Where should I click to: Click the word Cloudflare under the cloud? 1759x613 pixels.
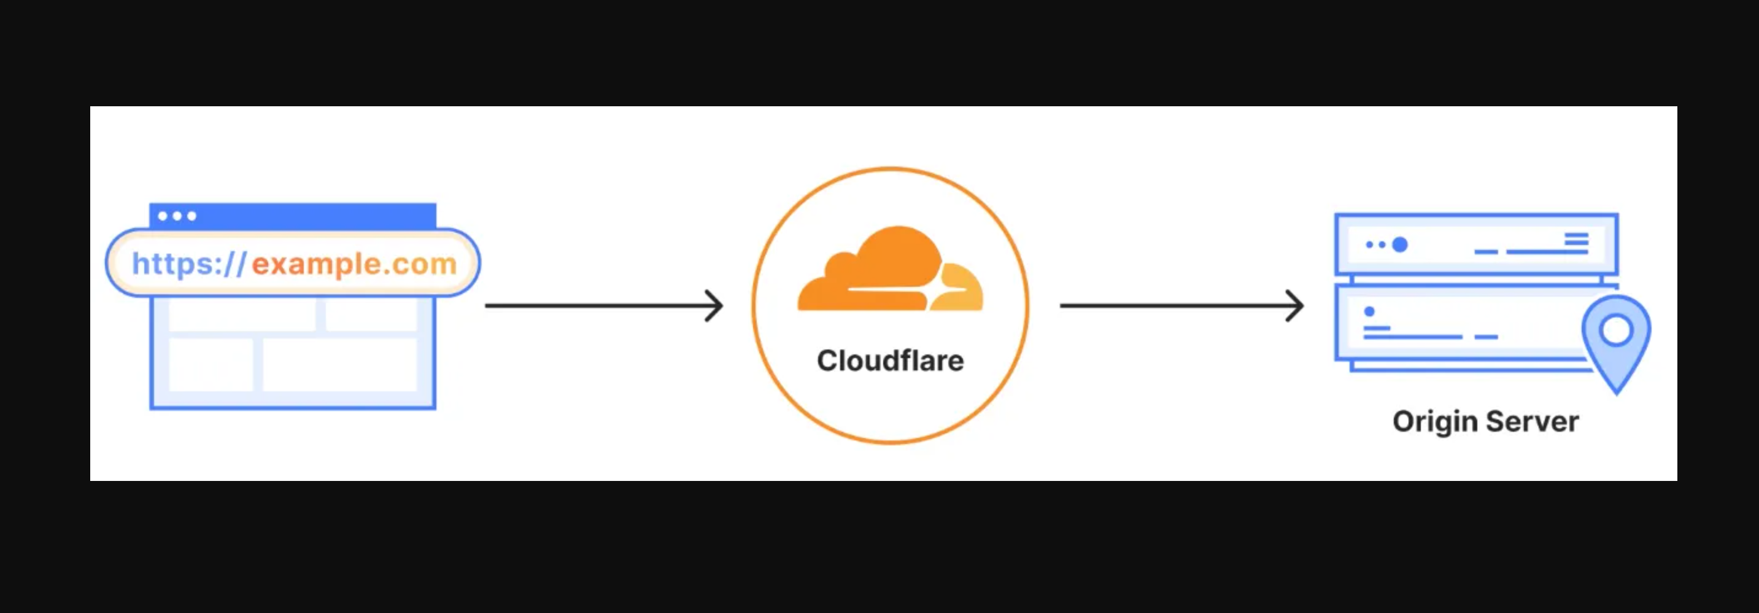[x=890, y=361]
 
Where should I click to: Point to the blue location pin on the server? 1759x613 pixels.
[x=1615, y=342]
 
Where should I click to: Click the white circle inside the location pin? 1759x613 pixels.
[x=1615, y=330]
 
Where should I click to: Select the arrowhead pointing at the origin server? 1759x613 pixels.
[x=1297, y=306]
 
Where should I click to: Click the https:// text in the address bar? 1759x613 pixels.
[x=188, y=264]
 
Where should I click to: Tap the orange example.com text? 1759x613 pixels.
[x=354, y=264]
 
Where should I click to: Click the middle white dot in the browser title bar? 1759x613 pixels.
[x=177, y=216]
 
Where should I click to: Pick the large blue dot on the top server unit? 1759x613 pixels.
[x=1399, y=244]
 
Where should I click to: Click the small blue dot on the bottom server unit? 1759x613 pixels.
[x=1369, y=311]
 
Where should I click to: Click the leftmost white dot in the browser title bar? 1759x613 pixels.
[x=163, y=216]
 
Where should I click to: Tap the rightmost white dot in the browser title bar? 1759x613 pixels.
[x=192, y=216]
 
